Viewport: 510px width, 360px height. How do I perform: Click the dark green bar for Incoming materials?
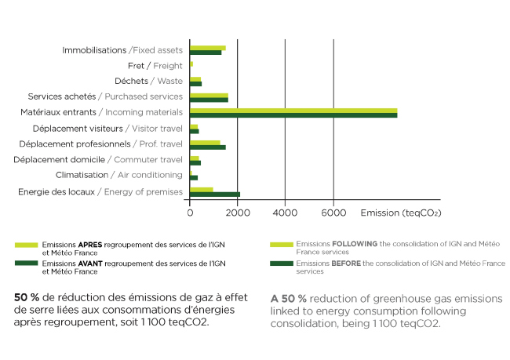click(293, 115)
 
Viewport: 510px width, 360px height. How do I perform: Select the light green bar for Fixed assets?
click(207, 47)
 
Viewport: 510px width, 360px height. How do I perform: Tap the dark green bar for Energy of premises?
click(214, 194)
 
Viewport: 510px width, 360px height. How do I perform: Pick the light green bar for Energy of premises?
click(201, 189)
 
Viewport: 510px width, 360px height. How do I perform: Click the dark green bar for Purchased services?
click(209, 100)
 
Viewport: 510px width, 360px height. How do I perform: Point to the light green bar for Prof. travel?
click(204, 142)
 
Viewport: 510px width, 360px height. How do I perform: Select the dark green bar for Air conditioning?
click(194, 178)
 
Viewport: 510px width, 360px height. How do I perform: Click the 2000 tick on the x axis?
click(237, 212)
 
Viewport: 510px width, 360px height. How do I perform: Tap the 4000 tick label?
click(285, 212)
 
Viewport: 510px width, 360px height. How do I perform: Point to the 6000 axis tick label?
click(333, 212)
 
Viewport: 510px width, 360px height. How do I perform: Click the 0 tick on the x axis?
click(190, 212)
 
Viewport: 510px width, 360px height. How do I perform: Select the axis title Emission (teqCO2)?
click(400, 212)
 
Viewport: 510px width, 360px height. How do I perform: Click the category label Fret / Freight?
click(155, 65)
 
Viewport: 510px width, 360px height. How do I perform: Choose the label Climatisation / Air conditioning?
click(118, 175)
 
